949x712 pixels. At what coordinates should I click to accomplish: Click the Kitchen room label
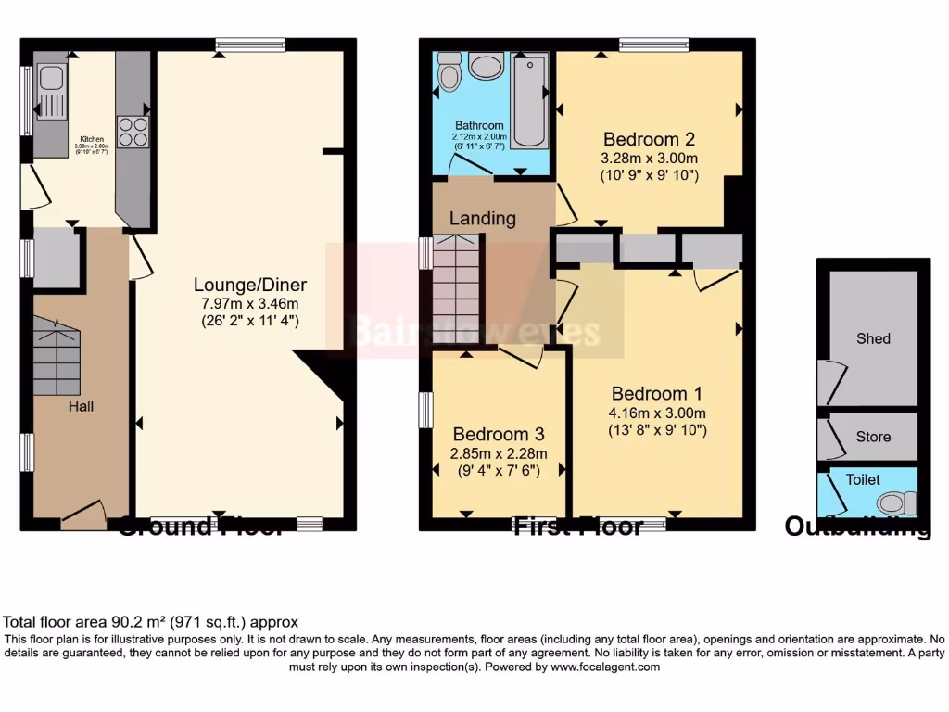(92, 139)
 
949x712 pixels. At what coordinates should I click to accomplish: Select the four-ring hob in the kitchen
(133, 131)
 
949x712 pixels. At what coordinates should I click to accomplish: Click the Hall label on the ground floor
(80, 405)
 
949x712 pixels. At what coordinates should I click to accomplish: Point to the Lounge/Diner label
(250, 285)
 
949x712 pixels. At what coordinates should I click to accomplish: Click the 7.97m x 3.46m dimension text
(250, 303)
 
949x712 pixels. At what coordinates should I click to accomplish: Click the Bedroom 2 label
(649, 139)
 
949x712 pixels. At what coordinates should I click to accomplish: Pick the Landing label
(483, 219)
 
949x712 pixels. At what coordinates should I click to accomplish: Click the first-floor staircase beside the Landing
(456, 289)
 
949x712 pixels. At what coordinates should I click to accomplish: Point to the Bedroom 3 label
(499, 434)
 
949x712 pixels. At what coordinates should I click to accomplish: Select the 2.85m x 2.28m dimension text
(500, 453)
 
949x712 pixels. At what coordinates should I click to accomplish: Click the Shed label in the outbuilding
(873, 338)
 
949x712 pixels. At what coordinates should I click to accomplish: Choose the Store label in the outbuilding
(873, 437)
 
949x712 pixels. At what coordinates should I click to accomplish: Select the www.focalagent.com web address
(604, 667)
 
